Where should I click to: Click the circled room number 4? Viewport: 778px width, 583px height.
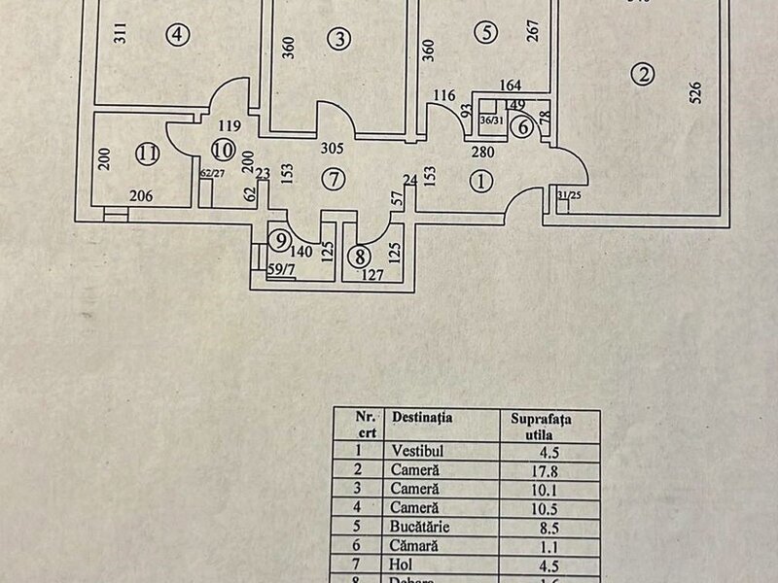coord(176,35)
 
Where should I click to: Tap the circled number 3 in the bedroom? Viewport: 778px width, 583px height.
coord(337,39)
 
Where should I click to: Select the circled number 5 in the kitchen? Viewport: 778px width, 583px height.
coord(487,33)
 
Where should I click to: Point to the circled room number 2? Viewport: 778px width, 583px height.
coord(640,73)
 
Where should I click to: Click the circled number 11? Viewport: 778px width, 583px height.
coord(147,153)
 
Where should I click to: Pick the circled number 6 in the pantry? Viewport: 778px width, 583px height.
coord(522,125)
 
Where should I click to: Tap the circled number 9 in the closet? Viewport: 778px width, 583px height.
coord(281,239)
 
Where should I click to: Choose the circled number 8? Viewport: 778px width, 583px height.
coord(361,257)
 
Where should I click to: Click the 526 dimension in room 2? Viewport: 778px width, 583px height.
coord(694,92)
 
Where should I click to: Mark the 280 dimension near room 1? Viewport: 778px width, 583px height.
coord(484,152)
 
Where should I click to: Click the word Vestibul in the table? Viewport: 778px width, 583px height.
coord(418,451)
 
